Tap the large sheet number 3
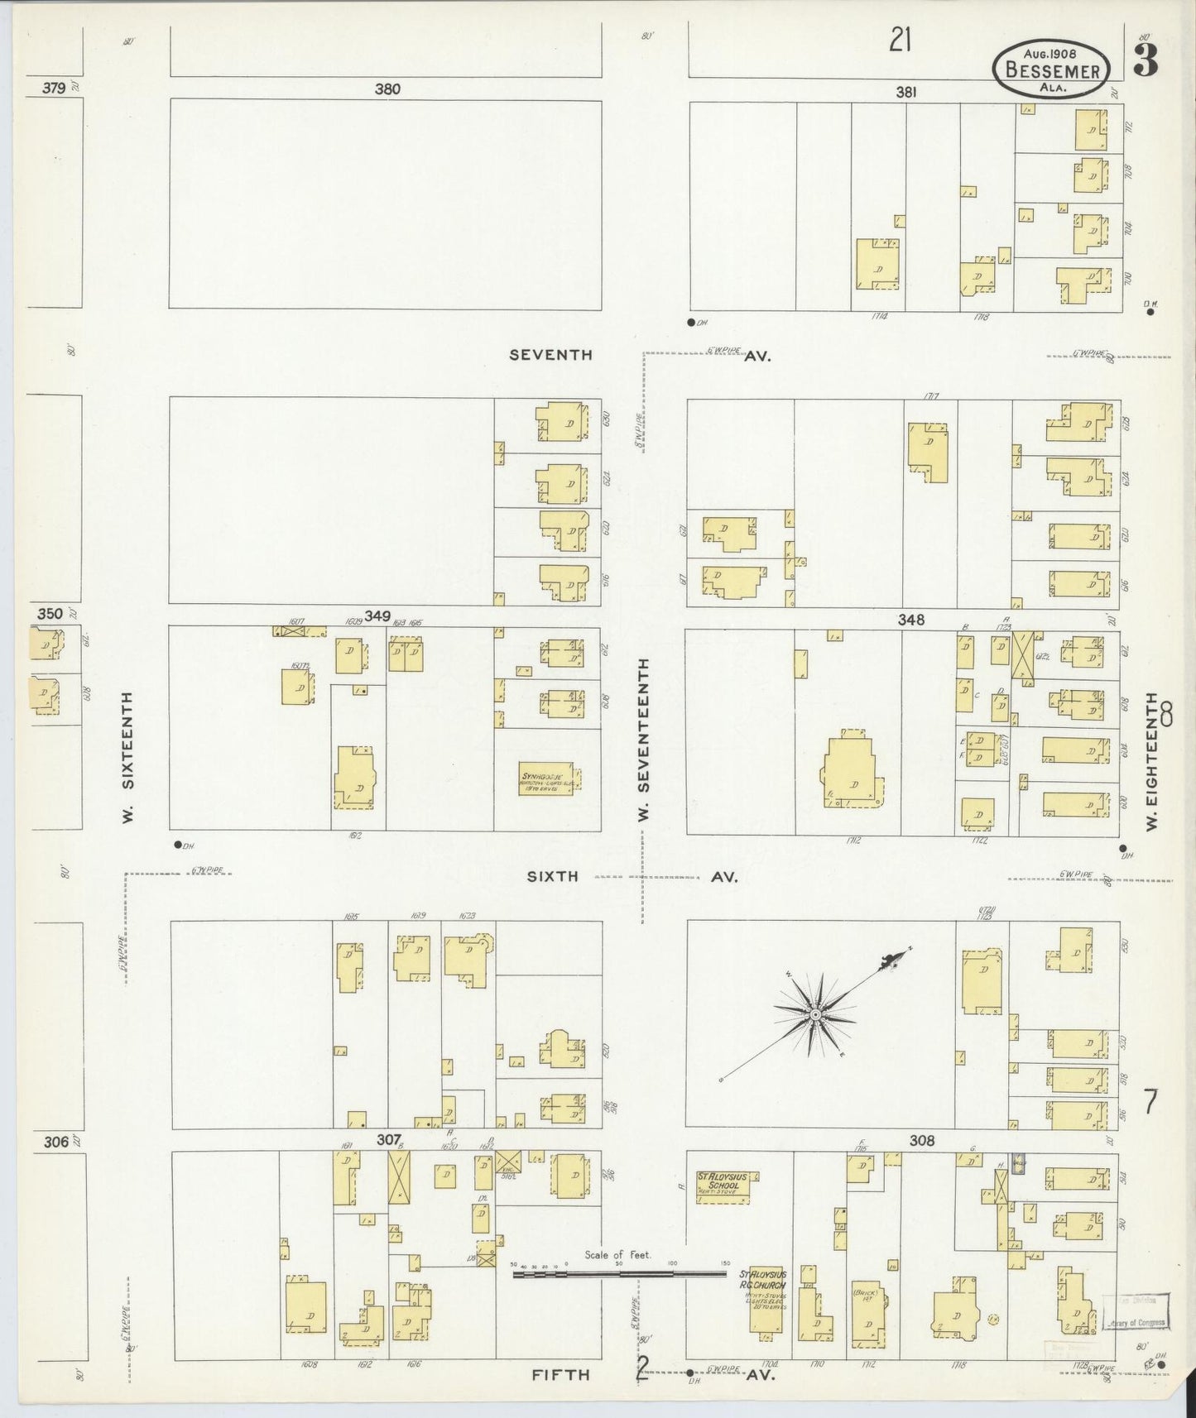pos(1146,61)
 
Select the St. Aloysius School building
pos(727,1186)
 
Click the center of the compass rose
pos(815,1013)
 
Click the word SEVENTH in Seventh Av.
pos(551,355)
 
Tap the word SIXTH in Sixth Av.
pos(552,876)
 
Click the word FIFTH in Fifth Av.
pos(560,1374)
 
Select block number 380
pos(387,89)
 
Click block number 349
pos(377,616)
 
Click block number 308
pos(921,1140)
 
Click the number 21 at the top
pos(900,40)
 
